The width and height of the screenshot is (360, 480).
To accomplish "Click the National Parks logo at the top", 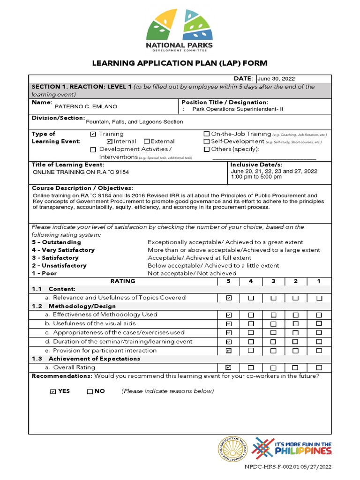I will [180, 30].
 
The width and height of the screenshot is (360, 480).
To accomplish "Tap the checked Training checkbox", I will [93, 134].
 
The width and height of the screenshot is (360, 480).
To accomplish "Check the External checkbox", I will [147, 142].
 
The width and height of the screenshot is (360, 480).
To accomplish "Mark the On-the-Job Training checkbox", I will [207, 134].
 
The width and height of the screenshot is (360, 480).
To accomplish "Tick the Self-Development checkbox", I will [207, 142].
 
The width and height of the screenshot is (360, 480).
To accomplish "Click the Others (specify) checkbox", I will [207, 150].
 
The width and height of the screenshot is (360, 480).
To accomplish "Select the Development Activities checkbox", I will [93, 150].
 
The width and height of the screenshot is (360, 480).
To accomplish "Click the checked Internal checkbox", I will [109, 142].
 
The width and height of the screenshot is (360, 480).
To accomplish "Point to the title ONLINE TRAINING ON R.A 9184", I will [81, 172].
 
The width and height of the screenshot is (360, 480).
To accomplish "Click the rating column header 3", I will [273, 281].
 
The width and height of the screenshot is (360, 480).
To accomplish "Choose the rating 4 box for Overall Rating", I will [251, 368].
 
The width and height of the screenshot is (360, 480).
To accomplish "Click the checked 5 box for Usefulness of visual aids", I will [228, 324].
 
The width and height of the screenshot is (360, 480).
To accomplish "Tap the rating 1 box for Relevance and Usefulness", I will [319, 298].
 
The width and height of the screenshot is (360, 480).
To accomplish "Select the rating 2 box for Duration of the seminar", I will [295, 342].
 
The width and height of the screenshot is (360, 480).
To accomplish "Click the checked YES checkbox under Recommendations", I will [53, 391].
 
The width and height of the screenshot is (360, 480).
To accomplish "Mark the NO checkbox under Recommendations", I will [90, 391].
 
